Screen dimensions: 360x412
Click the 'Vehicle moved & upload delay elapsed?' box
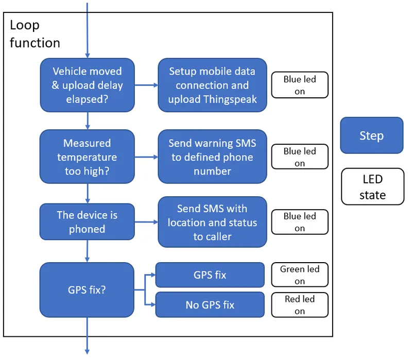(87, 85)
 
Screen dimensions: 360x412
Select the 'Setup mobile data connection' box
(212, 85)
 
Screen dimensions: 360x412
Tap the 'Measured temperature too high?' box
(87, 157)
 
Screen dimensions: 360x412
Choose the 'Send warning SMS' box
(212, 157)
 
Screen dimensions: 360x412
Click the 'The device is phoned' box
(87, 221)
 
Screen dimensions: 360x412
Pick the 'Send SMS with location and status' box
(212, 222)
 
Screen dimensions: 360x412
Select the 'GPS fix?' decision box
(87, 289)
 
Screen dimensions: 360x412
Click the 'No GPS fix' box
(210, 305)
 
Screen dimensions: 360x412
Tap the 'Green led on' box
(300, 275)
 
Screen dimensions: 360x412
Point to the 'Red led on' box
(300, 305)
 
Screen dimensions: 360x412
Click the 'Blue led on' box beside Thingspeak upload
(300, 85)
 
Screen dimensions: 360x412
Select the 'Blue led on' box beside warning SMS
(300, 157)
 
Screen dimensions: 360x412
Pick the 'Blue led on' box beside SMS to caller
(300, 222)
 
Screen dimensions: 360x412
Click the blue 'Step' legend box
(371, 135)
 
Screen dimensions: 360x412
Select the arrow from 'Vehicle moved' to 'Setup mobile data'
(146, 85)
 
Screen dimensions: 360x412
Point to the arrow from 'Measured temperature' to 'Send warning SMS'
(146, 157)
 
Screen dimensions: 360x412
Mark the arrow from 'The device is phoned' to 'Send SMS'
(146, 222)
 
